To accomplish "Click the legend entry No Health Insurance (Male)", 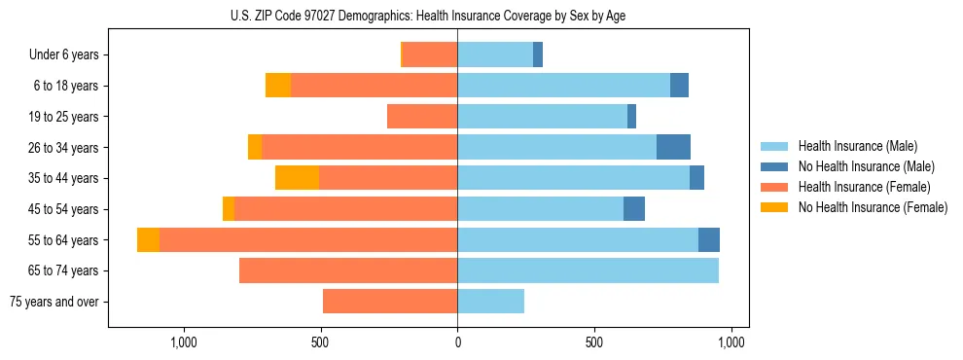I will click(866, 166).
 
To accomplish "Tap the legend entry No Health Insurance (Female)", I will click(873, 207).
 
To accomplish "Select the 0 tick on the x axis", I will click(457, 342).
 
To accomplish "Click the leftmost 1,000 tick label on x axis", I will click(184, 342).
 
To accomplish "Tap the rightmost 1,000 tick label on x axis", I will click(731, 342).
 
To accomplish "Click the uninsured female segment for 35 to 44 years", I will click(297, 178).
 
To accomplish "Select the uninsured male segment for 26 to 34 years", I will click(673, 147).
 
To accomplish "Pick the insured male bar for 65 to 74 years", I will click(588, 270).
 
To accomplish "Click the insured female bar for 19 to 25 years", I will click(422, 117).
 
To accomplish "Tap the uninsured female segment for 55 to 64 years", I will click(148, 239).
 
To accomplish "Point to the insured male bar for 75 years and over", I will click(490, 302).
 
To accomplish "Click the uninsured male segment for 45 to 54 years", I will click(634, 209).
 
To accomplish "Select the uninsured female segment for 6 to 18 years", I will click(278, 86).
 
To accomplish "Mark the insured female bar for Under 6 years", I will click(430, 55).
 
